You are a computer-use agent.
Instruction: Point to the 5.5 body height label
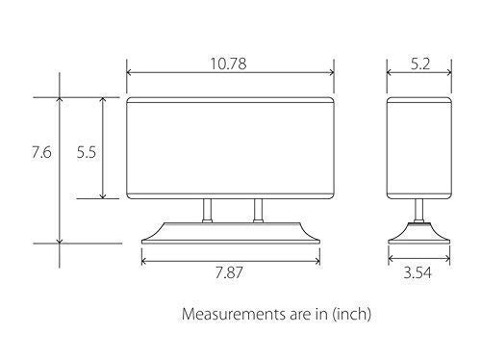click(85, 152)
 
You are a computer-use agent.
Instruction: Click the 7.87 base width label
click(230, 273)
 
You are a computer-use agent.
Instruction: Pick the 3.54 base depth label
click(417, 273)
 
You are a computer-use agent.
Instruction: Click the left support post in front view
click(206, 210)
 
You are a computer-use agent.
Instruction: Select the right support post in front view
click(257, 210)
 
